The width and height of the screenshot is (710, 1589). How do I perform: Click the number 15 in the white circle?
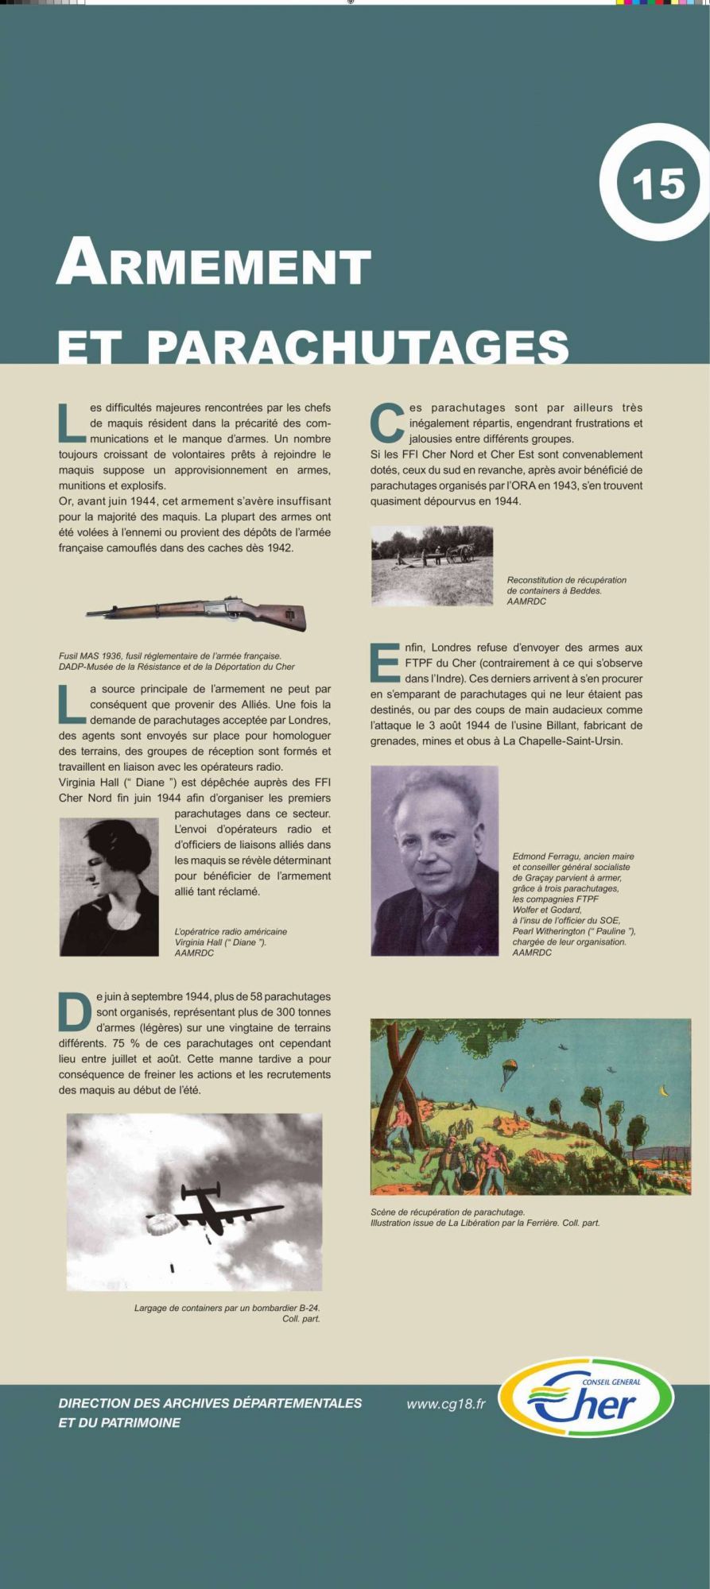(x=658, y=184)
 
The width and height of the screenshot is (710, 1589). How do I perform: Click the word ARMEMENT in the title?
(x=214, y=262)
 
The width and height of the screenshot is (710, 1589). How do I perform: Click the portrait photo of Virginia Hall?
(x=109, y=886)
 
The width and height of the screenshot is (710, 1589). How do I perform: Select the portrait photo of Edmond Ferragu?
(x=434, y=860)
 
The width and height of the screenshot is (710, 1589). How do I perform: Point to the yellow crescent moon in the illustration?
(x=662, y=1093)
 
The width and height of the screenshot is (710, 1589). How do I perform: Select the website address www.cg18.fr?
(x=445, y=1404)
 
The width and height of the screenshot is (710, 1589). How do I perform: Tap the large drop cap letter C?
(x=387, y=423)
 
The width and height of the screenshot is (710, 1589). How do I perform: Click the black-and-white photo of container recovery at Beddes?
(x=432, y=566)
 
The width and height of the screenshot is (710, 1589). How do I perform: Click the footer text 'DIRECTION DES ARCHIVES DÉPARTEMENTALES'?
(x=210, y=1403)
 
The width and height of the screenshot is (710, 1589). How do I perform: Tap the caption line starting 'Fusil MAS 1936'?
(x=170, y=655)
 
